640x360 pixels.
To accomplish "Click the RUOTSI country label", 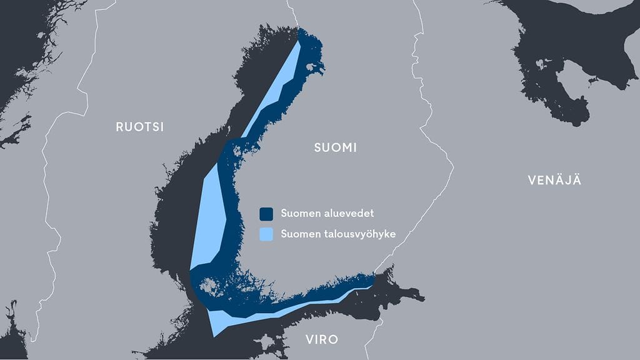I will tap(139, 127).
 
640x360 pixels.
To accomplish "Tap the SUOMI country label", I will tap(334, 148).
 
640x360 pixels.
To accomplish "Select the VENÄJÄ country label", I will tap(554, 181).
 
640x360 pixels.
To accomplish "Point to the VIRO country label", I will tap(322, 340).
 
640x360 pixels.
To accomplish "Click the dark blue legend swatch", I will tap(267, 214).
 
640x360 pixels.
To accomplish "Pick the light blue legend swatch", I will tap(267, 234).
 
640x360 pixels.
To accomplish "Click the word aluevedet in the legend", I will tap(346, 214).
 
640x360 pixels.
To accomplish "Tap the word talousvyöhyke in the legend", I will tap(356, 234).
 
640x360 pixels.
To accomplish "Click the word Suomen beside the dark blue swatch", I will tap(297, 214).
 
